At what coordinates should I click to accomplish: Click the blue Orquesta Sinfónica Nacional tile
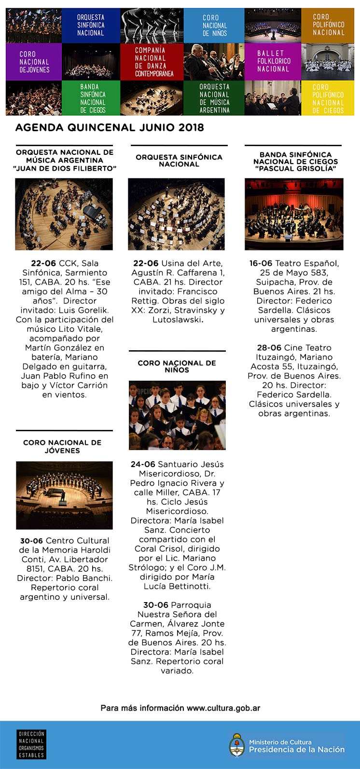91,26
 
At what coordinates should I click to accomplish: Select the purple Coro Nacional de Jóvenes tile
34,62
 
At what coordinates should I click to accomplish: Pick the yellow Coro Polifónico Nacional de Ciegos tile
328,98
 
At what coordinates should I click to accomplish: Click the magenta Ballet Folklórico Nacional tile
273,61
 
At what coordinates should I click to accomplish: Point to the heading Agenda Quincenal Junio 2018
110,128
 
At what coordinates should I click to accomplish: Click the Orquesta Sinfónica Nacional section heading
179,161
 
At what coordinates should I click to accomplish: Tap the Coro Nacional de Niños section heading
177,366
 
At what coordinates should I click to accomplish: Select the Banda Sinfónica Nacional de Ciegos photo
294,214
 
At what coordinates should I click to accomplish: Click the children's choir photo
177,415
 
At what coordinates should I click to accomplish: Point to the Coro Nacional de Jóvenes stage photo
64,495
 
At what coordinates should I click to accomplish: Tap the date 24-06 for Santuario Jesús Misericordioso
143,465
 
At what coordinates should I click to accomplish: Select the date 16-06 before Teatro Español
261,263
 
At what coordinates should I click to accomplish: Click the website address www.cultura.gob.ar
223,708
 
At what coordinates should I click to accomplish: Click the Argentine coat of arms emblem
237,745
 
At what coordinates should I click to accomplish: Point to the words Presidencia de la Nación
297,750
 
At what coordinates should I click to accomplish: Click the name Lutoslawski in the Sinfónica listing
176,320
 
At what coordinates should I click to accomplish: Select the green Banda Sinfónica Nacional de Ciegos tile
93,98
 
